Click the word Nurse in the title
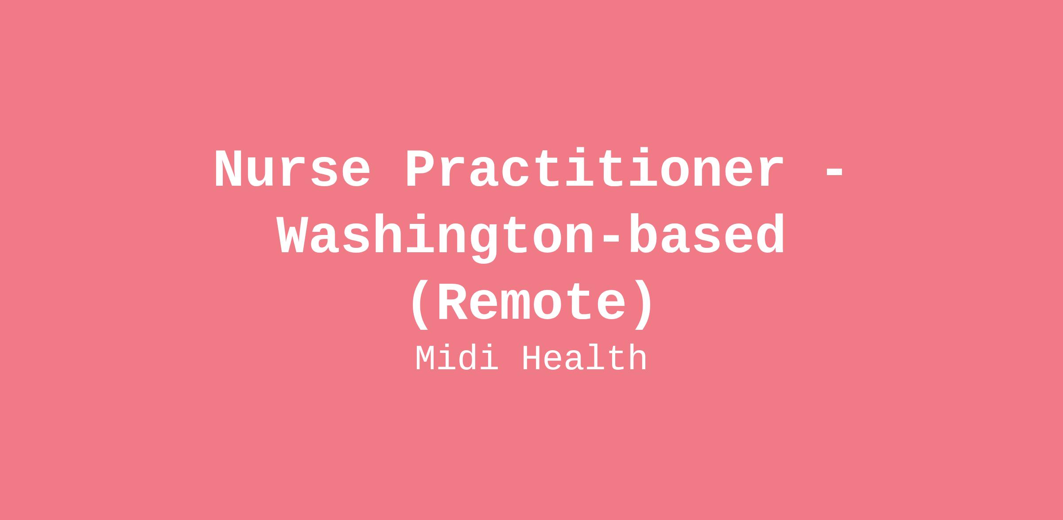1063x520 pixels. point(292,169)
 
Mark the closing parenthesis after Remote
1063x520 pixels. point(643,305)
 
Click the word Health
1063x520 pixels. point(585,358)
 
